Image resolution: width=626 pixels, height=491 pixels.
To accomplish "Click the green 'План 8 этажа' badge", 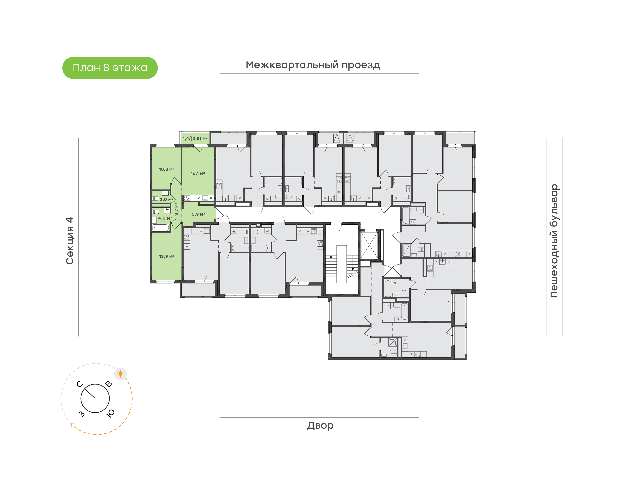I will [x=110, y=68].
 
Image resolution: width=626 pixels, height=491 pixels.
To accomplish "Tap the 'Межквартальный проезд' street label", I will [x=313, y=65].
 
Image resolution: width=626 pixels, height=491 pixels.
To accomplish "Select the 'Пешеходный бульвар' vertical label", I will [x=554, y=241].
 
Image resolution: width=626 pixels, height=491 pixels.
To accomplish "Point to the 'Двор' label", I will [x=320, y=425].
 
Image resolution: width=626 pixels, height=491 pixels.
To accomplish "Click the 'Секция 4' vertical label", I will [x=70, y=241].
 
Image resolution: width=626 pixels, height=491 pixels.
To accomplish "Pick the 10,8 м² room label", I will [x=166, y=169].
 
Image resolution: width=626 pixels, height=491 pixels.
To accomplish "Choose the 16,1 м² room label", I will [x=198, y=173].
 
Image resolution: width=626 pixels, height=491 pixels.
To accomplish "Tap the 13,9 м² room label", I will [x=166, y=256].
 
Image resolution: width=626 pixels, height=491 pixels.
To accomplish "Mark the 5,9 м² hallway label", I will [x=198, y=214].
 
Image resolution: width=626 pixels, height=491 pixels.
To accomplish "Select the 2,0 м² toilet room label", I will [x=166, y=199].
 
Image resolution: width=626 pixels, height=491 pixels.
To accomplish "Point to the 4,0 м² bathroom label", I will [x=165, y=218].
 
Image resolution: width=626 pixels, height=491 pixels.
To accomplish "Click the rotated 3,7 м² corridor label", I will [x=176, y=209].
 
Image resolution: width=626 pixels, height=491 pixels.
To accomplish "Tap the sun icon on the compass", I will [x=120, y=374].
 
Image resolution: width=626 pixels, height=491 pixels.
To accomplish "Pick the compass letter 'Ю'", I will [x=110, y=413].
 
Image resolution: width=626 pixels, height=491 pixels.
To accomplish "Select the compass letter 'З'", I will [x=82, y=414].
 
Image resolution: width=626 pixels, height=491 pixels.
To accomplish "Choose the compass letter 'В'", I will [x=109, y=384].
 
